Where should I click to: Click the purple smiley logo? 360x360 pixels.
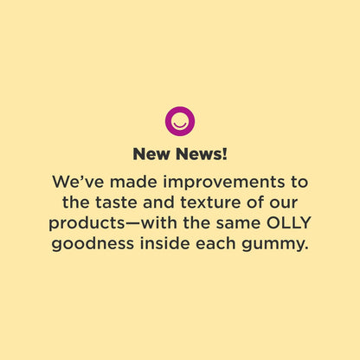pyautogui.click(x=180, y=119)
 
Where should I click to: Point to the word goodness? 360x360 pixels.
pyautogui.click(x=94, y=245)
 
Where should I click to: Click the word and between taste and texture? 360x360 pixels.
pyautogui.click(x=160, y=203)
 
